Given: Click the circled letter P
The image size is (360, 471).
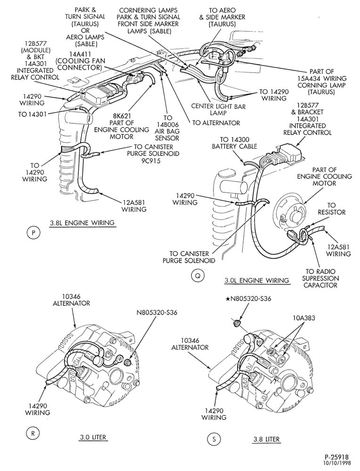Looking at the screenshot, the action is point(33,233).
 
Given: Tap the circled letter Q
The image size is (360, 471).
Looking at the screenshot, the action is point(197,276).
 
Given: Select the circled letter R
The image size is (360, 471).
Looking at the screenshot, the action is point(33,433).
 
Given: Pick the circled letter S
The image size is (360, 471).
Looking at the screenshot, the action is point(214,439).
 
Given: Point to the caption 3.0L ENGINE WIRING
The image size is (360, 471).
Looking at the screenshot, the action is point(257,281).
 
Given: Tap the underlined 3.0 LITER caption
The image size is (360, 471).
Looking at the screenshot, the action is point(93,437).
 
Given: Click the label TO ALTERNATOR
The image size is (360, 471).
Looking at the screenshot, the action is point(216,123).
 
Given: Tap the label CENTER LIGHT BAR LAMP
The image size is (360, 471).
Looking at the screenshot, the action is point(218,110).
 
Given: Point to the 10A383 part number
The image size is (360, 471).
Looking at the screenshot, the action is point(303,317).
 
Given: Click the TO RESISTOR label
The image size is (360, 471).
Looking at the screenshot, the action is point(331,209).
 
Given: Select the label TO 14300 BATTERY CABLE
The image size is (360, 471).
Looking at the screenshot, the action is point(234,143).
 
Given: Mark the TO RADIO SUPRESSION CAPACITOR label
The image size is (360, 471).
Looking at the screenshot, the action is point(320,278).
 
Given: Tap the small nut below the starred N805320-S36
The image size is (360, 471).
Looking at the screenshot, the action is point(237,323).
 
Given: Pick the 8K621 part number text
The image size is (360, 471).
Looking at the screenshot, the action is point(122,116).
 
